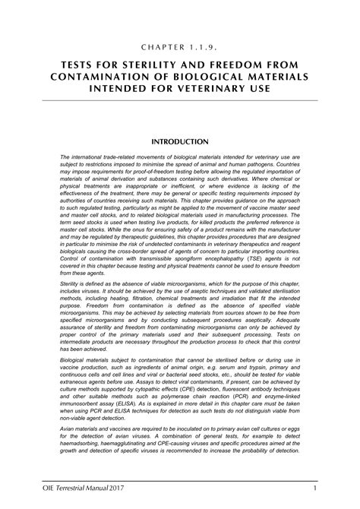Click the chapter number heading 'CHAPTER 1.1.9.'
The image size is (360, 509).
(x=179, y=46)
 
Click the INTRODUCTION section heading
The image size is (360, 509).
(x=180, y=141)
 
